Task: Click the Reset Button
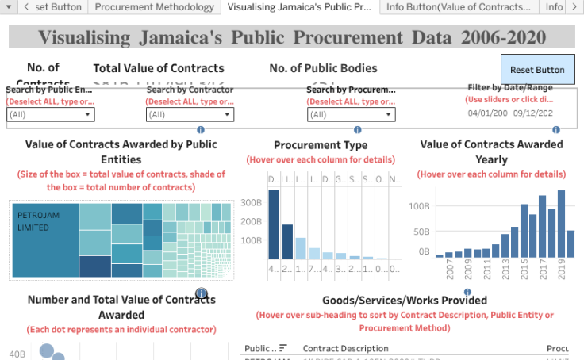point(537,70)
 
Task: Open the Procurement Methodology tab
point(154,7)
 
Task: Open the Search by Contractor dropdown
point(190,115)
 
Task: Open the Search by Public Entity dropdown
point(51,115)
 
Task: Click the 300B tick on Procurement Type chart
point(252,202)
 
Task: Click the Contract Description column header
point(346,348)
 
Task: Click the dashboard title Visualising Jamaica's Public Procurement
point(292,37)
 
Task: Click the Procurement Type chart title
point(321,145)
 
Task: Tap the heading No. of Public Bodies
point(323,68)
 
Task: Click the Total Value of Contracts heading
point(159,68)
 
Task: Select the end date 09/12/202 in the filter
point(533,113)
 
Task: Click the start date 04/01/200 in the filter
point(488,113)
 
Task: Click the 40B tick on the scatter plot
point(16,354)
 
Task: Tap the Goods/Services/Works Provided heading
point(405,301)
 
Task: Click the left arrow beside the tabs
point(25,7)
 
